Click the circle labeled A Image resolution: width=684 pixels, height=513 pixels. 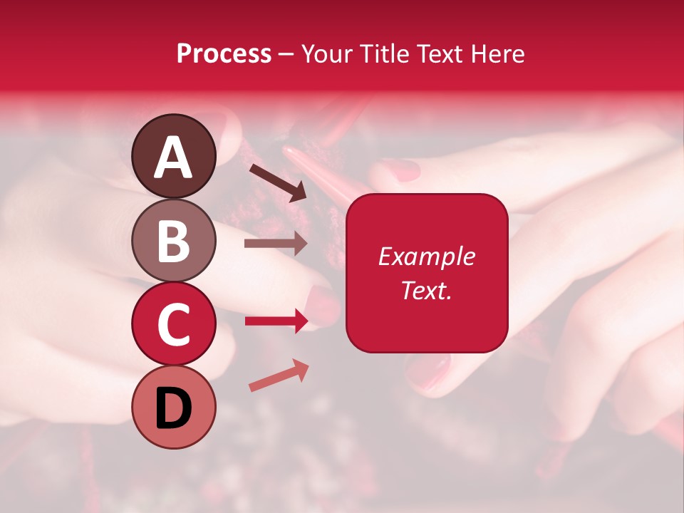pyautogui.click(x=173, y=156)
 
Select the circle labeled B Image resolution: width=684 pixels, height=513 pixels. pyautogui.click(x=173, y=240)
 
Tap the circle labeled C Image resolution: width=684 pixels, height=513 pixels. pyautogui.click(x=173, y=323)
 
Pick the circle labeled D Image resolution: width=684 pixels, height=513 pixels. pyautogui.click(x=173, y=407)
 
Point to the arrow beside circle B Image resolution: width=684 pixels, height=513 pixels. pyautogui.click(x=276, y=244)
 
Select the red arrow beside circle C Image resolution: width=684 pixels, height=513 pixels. pyautogui.click(x=276, y=321)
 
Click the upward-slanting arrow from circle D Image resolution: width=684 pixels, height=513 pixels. pyautogui.click(x=279, y=376)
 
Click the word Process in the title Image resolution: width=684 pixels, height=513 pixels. pyautogui.click(x=224, y=53)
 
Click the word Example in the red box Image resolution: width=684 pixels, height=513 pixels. pyautogui.click(x=426, y=256)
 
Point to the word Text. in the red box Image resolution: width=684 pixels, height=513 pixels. pyautogui.click(x=426, y=290)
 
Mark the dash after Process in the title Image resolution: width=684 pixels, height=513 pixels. pyautogui.click(x=286, y=54)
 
